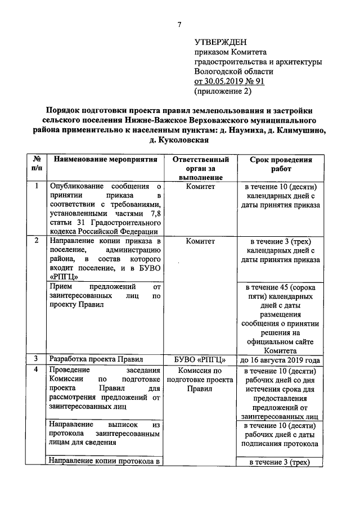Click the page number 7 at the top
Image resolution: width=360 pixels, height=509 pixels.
click(179, 24)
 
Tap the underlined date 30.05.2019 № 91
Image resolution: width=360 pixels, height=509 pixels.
click(229, 81)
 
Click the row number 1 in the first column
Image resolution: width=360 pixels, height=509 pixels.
click(37, 186)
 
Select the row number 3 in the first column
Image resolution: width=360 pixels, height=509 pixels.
click(37, 359)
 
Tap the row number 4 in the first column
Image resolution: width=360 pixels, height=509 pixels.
click(37, 370)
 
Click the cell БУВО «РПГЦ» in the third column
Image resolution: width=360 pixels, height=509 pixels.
click(200, 359)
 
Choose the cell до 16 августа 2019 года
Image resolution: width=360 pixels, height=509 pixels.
click(281, 359)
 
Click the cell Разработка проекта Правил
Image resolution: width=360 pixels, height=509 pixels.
click(96, 359)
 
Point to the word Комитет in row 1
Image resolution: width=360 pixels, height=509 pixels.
click(200, 187)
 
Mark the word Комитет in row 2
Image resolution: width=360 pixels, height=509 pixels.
click(200, 241)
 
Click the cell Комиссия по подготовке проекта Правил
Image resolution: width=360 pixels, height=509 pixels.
click(200, 380)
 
